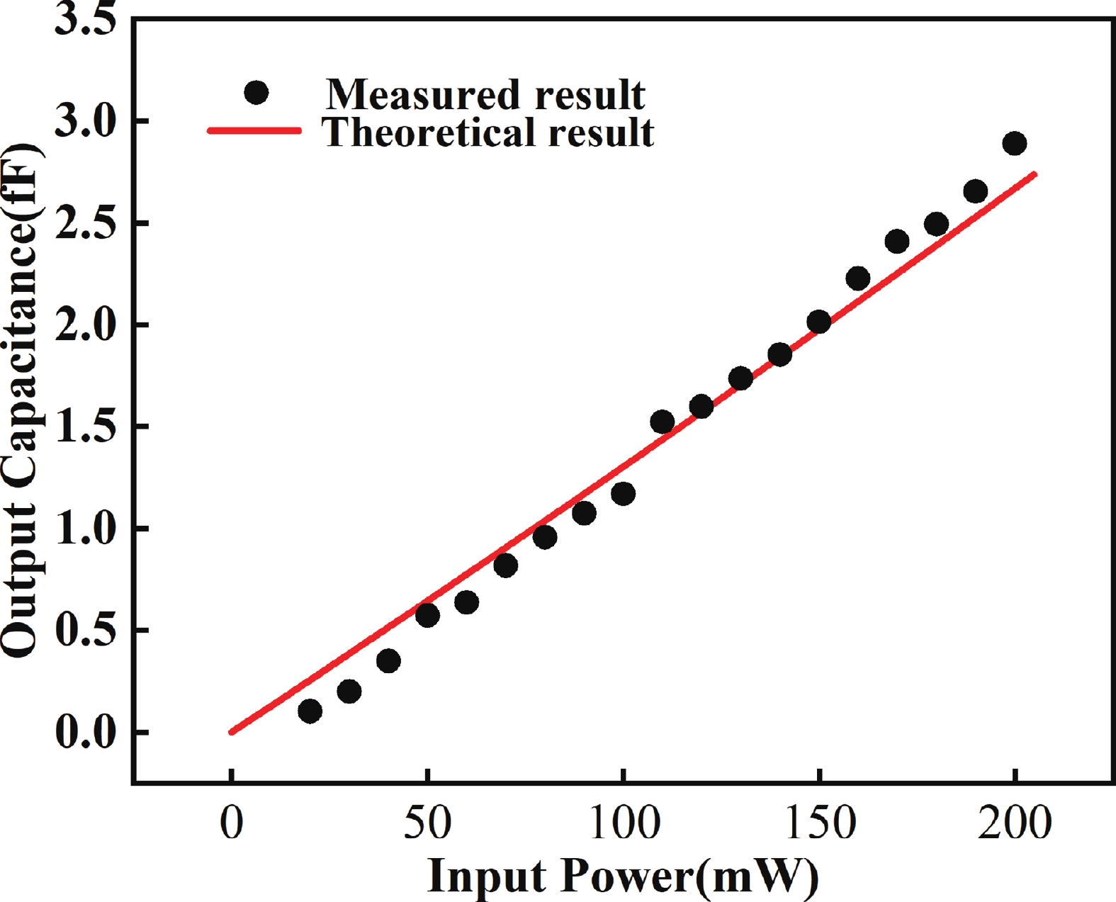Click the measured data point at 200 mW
point(1014,144)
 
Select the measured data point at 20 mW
point(310,711)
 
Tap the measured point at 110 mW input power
point(662,422)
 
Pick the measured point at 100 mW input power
point(623,494)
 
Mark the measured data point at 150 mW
point(818,322)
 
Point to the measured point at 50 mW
point(427,615)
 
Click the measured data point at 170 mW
point(896,242)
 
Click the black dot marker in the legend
point(256,92)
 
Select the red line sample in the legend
point(254,131)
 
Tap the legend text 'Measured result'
point(485,94)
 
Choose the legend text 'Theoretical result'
point(488,133)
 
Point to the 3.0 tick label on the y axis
point(85,122)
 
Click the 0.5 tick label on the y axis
point(85,629)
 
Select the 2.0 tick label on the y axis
point(85,325)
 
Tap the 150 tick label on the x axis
point(818,823)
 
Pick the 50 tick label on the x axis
point(427,823)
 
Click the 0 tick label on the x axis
point(232,823)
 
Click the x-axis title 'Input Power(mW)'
point(623,876)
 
